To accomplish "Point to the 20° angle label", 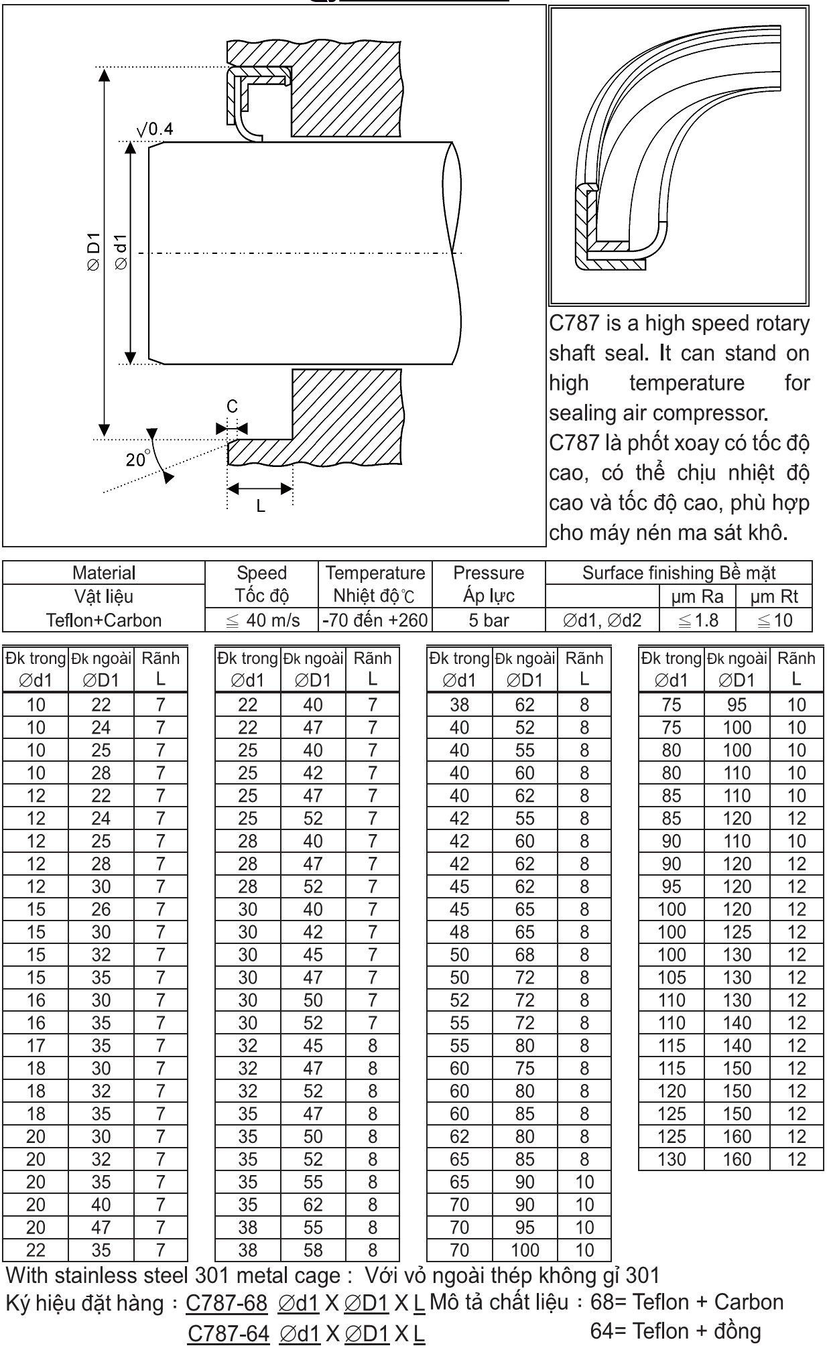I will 137,460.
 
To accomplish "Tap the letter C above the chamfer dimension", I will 232,407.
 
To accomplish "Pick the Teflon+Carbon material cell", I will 104,620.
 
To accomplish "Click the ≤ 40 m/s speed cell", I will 262,620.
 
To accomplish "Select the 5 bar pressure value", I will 489,620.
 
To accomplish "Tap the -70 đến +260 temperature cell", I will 375,620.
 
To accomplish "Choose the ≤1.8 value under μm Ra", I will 698,620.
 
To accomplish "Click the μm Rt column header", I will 774,596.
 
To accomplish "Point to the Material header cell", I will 104,573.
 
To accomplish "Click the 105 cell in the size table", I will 672,977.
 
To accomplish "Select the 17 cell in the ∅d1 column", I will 36,1046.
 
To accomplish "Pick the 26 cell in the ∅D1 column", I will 101,909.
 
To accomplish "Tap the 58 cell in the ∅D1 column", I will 313,1250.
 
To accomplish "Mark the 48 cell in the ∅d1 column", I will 459,932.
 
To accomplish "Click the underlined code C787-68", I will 227,1303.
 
